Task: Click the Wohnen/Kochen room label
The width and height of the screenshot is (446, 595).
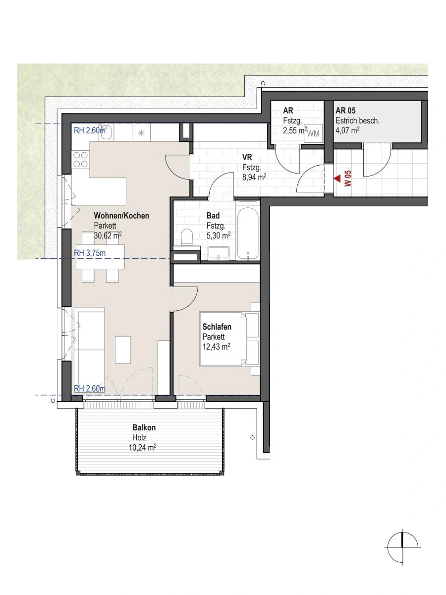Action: (121, 216)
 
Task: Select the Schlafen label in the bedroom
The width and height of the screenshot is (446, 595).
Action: (217, 327)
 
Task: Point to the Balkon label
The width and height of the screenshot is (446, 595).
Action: (144, 428)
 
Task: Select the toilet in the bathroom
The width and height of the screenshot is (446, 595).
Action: (187, 237)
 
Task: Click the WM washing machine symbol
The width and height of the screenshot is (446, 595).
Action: (313, 133)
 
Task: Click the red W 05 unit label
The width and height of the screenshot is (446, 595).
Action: (348, 178)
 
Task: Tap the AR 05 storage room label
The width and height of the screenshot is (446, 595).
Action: (345, 111)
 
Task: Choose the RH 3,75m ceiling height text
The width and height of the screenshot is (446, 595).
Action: (90, 252)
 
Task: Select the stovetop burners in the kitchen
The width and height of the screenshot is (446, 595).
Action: (81, 159)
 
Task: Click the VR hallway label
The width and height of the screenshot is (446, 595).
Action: (247, 157)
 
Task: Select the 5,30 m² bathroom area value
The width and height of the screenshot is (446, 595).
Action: (219, 236)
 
